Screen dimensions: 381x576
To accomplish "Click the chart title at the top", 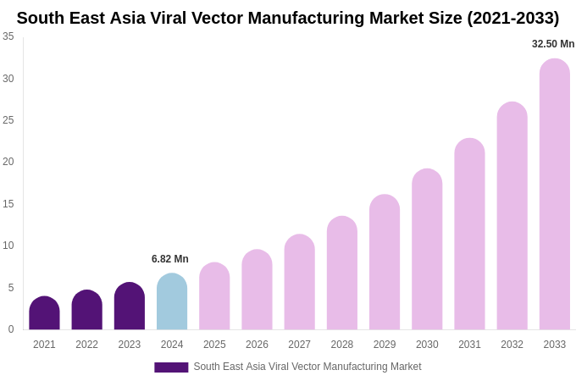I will (x=288, y=18).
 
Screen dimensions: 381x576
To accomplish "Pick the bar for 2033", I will (x=555, y=195).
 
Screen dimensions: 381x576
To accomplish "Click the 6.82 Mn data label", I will (x=170, y=259).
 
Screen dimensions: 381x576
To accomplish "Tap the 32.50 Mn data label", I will (x=553, y=44).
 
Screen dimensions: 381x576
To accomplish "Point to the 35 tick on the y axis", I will (x=8, y=36).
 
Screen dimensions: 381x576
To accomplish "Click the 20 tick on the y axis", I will (x=8, y=162).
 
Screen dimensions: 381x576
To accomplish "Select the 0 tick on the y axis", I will (x=10, y=329).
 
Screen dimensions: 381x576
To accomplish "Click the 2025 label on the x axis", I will (x=214, y=345).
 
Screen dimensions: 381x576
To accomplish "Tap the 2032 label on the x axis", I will (x=512, y=345).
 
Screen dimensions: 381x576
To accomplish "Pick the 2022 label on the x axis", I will (x=86, y=345).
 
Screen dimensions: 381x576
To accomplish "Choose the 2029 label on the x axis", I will (x=385, y=345).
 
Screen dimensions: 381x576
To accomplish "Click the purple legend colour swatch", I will (x=171, y=367).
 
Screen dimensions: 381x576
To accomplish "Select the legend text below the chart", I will (x=307, y=367).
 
